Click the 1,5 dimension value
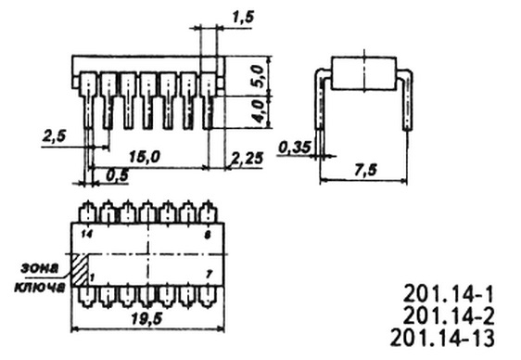pos(243,18)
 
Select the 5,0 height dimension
pos(258,76)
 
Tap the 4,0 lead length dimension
pos(258,111)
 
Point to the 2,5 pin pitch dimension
pos(54,136)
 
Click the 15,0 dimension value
pos(144,157)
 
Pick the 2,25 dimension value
pos(248,159)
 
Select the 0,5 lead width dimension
pos(117,175)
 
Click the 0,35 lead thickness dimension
pos(295,148)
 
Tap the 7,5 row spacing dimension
pos(366,170)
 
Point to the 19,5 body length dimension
pos(146,319)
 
